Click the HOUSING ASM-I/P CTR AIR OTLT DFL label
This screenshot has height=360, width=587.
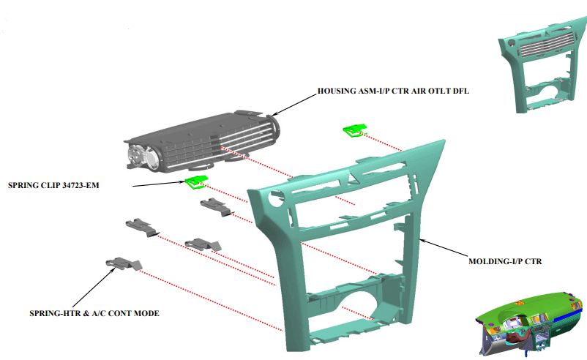coord(393,91)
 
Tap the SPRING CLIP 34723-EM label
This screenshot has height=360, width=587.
coord(53,185)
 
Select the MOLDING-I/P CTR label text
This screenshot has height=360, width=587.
coord(505,261)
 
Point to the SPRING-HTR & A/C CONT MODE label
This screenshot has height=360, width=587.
coord(94,313)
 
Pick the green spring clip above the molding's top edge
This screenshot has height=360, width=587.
coord(354,130)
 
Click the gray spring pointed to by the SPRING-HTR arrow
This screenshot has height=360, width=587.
coord(124,263)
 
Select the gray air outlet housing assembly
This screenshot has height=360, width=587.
coord(202,141)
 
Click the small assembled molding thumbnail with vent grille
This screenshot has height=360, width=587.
coord(542,67)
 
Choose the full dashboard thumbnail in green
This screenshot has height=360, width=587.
coord(529,323)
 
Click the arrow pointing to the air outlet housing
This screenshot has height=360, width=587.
coord(294,105)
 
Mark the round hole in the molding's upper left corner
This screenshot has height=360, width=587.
coord(276,199)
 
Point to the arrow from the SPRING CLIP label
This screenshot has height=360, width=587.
coord(160,184)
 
